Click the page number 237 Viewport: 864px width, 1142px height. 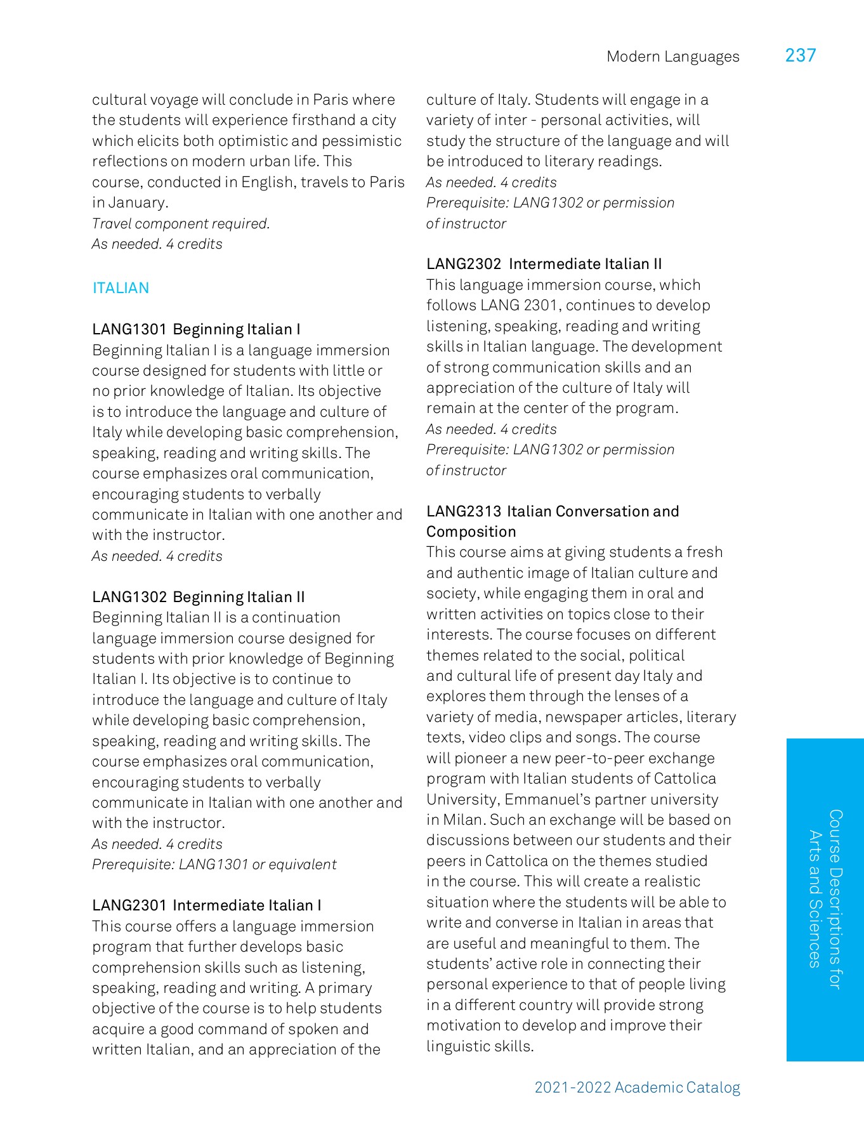(x=800, y=56)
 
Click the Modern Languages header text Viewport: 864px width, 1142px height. (x=672, y=57)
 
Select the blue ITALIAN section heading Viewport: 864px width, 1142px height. (x=121, y=288)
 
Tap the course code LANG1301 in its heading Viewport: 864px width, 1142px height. (x=129, y=329)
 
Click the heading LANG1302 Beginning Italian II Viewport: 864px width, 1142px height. (x=198, y=597)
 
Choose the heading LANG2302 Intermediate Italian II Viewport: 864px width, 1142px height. (x=544, y=264)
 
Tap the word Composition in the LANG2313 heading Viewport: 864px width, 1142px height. (x=471, y=532)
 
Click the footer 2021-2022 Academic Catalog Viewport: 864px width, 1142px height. (x=637, y=1087)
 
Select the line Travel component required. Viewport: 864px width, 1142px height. (x=181, y=224)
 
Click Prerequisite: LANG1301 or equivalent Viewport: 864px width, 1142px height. (x=214, y=865)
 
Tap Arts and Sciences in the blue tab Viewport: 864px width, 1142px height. (x=815, y=899)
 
